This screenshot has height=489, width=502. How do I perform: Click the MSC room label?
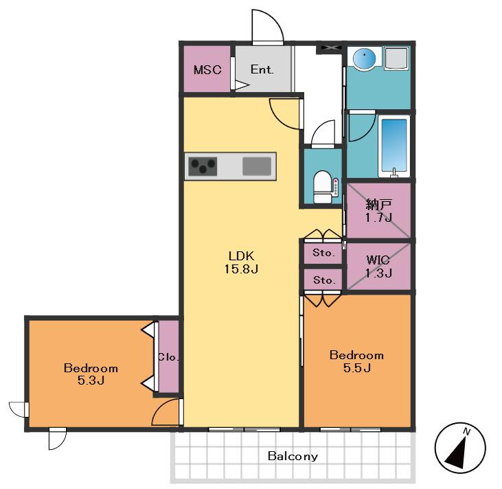(207, 69)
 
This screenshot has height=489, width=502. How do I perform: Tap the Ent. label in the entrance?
(262, 69)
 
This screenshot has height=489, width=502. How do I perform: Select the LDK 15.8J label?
(241, 262)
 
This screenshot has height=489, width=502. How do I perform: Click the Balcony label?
(293, 456)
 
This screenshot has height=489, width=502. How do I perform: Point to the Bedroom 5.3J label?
(91, 374)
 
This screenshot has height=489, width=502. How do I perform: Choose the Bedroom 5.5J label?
(356, 361)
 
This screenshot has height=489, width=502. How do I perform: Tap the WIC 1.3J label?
(378, 266)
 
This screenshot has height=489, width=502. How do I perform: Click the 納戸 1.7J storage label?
(379, 210)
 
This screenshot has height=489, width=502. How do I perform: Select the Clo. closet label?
(168, 356)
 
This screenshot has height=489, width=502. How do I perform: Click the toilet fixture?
(323, 187)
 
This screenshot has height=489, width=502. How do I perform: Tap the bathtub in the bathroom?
(393, 146)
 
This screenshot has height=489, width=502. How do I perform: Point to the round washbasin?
(365, 58)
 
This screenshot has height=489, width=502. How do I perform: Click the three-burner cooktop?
(203, 166)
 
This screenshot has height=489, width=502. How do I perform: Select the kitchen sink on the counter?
(257, 166)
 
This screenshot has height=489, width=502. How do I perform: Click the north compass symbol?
(460, 448)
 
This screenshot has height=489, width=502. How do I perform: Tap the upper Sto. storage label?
(323, 253)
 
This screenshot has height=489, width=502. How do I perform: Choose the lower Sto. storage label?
(324, 280)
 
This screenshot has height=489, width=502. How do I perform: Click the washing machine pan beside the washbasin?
(396, 58)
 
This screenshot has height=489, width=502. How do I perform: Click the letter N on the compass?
(466, 432)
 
